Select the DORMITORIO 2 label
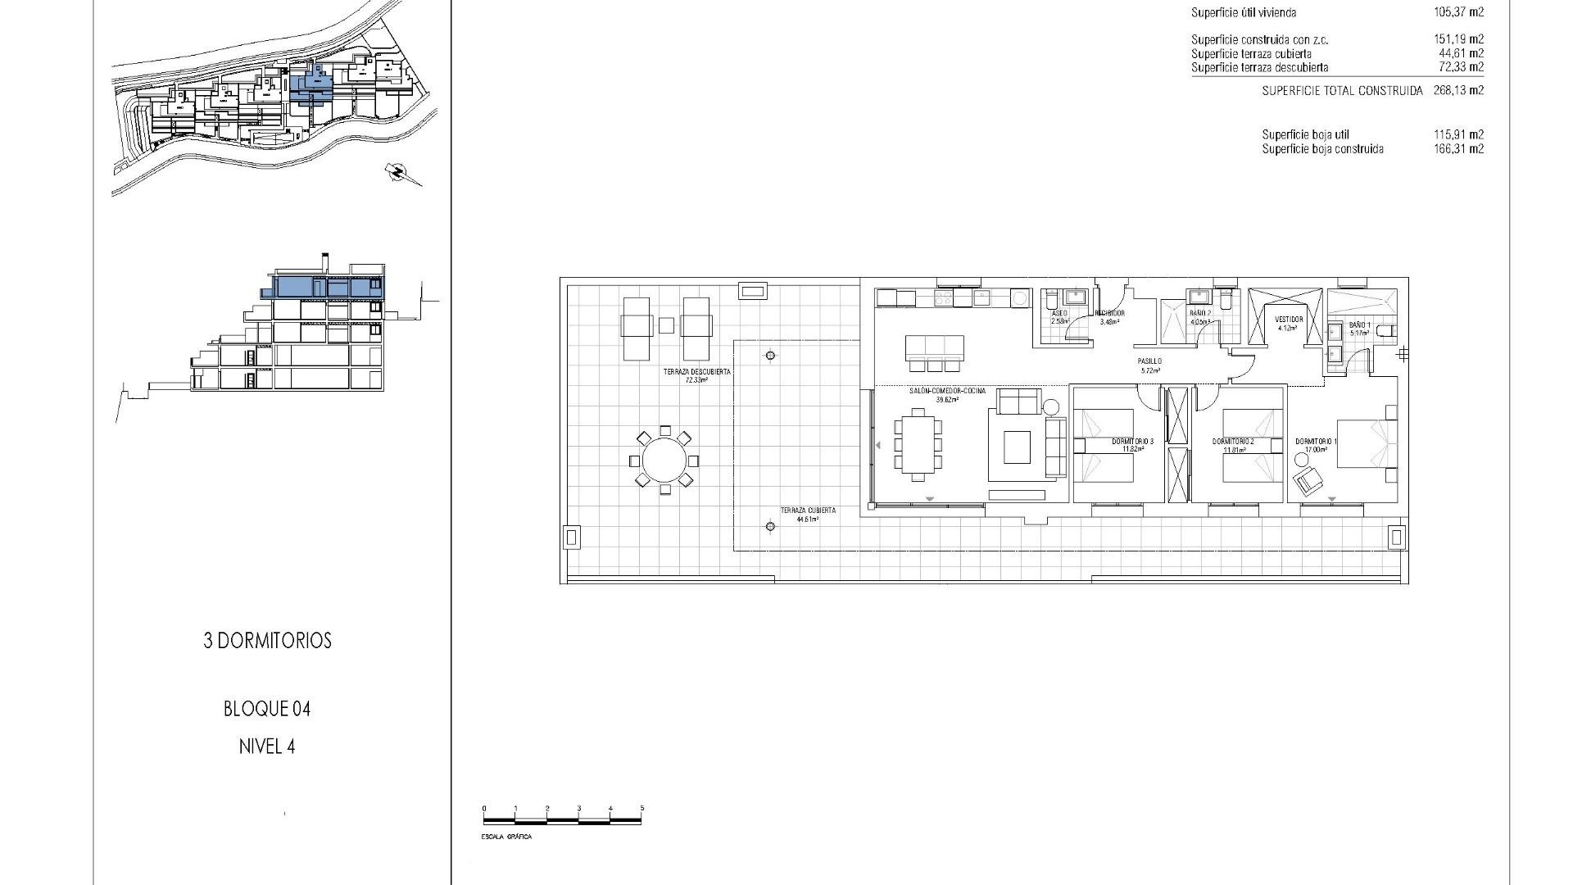(x=1233, y=442)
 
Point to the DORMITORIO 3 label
(x=1132, y=442)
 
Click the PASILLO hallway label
(x=1149, y=361)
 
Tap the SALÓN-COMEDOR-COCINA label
(x=947, y=392)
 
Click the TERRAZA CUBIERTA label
(x=808, y=511)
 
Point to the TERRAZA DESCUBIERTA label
(x=697, y=372)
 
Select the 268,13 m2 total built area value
(x=1458, y=91)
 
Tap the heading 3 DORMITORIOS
(x=267, y=641)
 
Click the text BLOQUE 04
(x=267, y=709)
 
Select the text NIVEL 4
(x=267, y=747)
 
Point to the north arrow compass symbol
(x=399, y=172)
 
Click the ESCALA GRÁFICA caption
(x=506, y=837)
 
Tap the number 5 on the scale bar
(x=641, y=809)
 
